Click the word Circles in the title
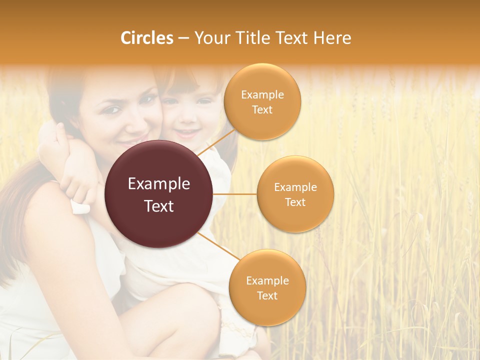pos(147,38)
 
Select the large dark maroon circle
pos(159,194)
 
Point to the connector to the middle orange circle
pos(235,194)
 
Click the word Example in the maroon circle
pos(159,184)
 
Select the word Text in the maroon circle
pos(159,206)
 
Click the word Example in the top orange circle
pos(262,95)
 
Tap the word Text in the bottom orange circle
pos(267,295)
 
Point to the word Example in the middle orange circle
pos(295,187)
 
